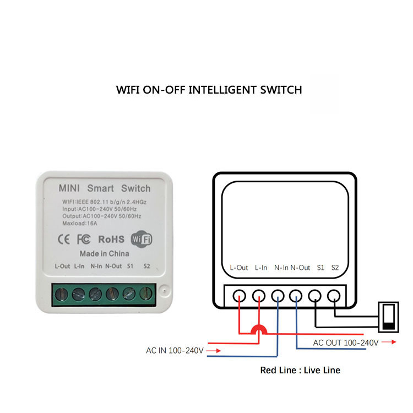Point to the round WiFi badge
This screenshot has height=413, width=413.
(x=141, y=239)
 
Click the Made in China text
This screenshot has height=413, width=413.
(x=104, y=254)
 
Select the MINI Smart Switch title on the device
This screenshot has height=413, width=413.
(x=104, y=188)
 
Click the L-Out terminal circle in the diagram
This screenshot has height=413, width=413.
(x=239, y=295)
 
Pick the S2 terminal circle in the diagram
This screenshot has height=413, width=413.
(x=334, y=295)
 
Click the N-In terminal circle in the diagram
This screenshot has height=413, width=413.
(x=278, y=295)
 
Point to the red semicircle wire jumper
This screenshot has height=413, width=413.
(x=258, y=330)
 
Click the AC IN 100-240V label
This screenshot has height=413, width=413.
(x=175, y=350)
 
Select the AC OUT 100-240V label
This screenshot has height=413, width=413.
(x=345, y=343)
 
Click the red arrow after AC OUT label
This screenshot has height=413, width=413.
(x=389, y=343)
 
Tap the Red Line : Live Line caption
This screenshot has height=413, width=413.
(x=300, y=370)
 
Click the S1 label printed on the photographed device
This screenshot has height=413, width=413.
(x=131, y=267)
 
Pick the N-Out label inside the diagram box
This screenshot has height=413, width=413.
(x=300, y=268)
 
